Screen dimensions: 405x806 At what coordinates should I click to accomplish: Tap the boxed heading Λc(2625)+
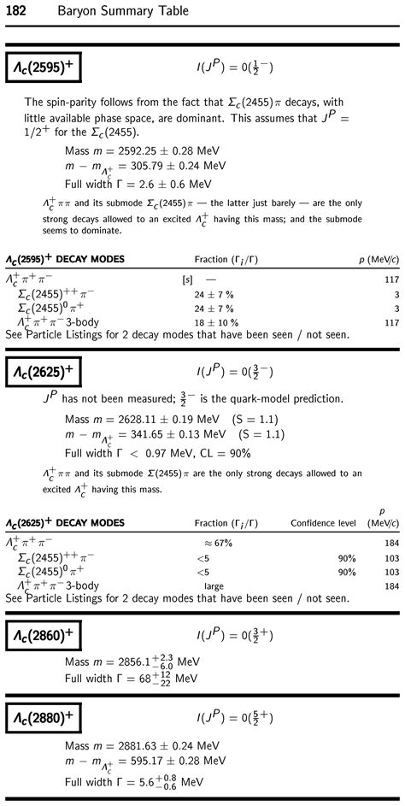tap(44, 372)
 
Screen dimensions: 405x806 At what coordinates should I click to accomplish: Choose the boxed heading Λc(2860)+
tap(44, 636)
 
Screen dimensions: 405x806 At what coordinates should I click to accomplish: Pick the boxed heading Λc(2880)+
tap(44, 717)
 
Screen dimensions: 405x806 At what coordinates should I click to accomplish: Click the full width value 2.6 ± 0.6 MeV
tap(179, 184)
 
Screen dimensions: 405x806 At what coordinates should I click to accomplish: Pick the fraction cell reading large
tap(214, 585)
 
